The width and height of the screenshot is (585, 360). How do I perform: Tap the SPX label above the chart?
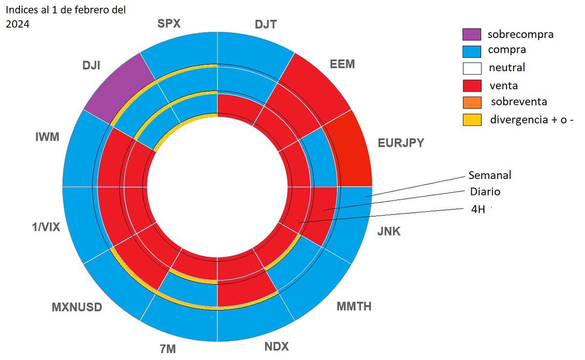pyautogui.click(x=169, y=23)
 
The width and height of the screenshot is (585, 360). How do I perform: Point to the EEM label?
pyautogui.click(x=342, y=64)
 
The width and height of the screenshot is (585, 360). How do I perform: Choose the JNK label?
pyautogui.click(x=389, y=231)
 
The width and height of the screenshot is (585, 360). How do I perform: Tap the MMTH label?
pyautogui.click(x=354, y=306)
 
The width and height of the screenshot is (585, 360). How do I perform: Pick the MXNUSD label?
pyautogui.click(x=77, y=307)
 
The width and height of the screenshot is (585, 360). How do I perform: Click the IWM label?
pyautogui.click(x=47, y=137)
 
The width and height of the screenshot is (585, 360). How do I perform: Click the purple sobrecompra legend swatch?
pyautogui.click(x=472, y=34)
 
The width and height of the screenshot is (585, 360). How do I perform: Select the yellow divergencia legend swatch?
pyautogui.click(x=472, y=119)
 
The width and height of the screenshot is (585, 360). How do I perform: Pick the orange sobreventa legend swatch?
pyautogui.click(x=472, y=102)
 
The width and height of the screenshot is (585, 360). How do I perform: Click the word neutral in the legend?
pyautogui.click(x=507, y=67)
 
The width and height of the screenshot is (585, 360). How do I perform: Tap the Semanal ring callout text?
pyautogui.click(x=489, y=175)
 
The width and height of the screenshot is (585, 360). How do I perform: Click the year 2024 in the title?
pyautogui.click(x=18, y=24)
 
